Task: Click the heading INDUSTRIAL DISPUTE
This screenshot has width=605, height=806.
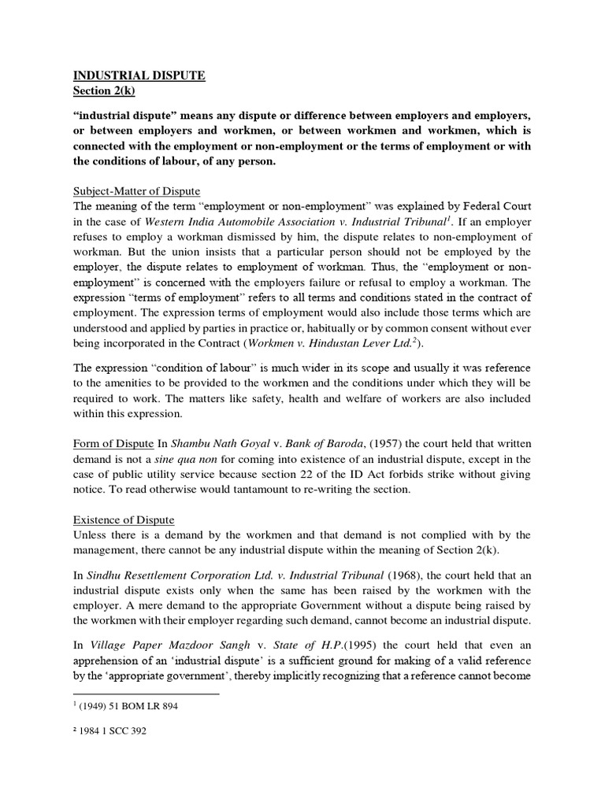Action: (x=139, y=76)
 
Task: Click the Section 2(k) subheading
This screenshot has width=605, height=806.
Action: (x=105, y=91)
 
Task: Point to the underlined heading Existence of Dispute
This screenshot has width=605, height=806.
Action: (x=123, y=521)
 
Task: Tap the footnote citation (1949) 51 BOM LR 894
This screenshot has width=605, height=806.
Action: (x=129, y=706)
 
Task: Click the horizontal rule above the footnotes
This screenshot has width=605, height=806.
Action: (x=145, y=694)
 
